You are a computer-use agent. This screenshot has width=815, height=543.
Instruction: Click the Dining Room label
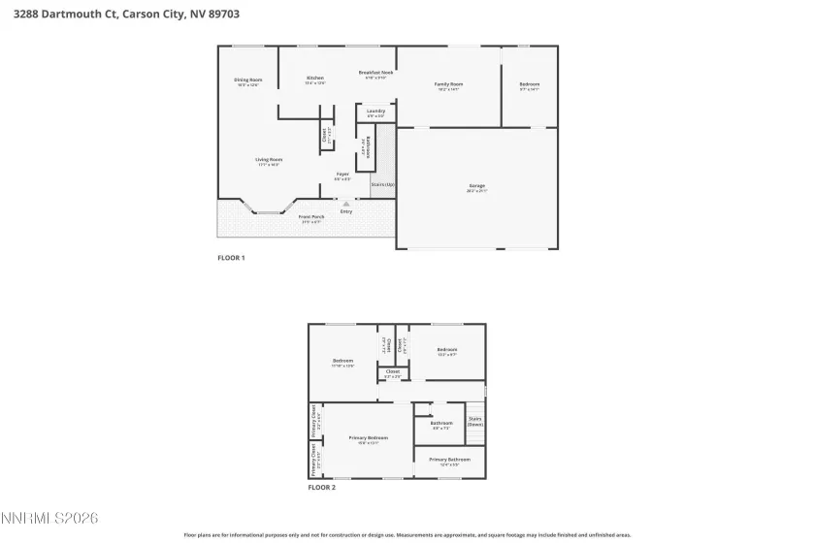pos(248,80)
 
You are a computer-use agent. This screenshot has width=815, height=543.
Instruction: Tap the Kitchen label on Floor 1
pos(315,79)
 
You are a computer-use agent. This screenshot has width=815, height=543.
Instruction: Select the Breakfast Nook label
pos(375,74)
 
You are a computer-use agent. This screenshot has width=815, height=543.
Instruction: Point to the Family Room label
pos(447,85)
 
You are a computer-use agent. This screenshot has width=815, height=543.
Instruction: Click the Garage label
pos(476,186)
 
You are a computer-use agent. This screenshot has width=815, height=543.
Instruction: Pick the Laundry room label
pos(376,112)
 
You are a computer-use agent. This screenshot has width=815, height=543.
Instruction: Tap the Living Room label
pos(269,160)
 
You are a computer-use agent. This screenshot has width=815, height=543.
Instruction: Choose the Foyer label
pos(342,176)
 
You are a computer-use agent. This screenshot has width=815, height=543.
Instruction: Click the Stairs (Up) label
pos(383,183)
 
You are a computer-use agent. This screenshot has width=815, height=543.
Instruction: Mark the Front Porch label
pos(311,217)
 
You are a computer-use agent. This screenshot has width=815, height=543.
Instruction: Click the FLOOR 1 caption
pos(231,258)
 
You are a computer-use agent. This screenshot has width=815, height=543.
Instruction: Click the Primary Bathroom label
pos(449,460)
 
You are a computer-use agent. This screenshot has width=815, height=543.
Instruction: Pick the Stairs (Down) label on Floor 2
pos(475,422)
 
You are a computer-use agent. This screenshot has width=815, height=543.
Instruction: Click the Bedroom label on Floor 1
pos(529,85)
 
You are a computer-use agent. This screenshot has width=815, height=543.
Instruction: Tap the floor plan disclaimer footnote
pos(407,534)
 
